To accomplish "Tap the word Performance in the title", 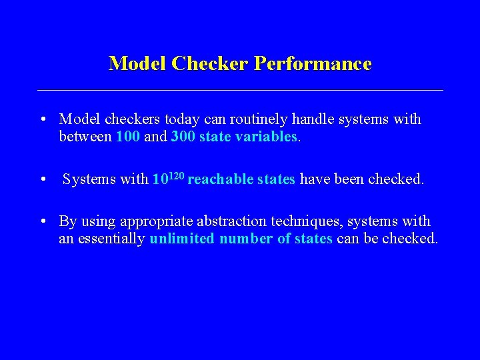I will pos(313,64).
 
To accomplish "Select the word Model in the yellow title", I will pos(138,64).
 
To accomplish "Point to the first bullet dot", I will pos(42,121).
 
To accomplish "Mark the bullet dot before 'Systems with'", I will pos(42,180).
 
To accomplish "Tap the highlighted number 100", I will pos(128,137).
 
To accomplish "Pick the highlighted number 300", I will pos(183,137).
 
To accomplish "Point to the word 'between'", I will pos(85,137).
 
